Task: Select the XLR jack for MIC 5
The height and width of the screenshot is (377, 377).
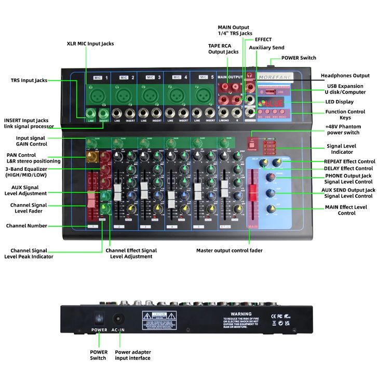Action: [x=203, y=95]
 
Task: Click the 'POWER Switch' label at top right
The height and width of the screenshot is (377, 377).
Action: [x=299, y=58]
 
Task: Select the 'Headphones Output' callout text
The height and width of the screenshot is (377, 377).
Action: [x=345, y=76]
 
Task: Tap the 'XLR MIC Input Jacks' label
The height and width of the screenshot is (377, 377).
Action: [x=90, y=44]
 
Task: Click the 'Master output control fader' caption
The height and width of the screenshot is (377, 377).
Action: [x=229, y=250]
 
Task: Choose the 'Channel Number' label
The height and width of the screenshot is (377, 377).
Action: [x=26, y=226]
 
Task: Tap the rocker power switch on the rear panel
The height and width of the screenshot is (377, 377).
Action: [x=99, y=318]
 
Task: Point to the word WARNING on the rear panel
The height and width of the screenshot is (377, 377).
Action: [x=240, y=314]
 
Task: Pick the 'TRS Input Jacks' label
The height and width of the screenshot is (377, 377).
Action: [x=29, y=80]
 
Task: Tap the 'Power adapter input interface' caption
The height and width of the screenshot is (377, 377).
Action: [x=132, y=355]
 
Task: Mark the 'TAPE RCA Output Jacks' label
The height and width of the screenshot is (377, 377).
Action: [x=223, y=49]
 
